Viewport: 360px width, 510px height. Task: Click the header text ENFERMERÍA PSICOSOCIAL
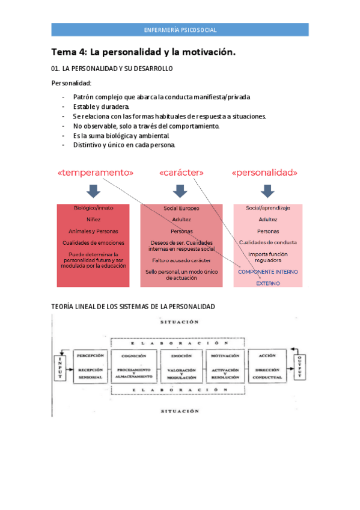(x=180, y=29)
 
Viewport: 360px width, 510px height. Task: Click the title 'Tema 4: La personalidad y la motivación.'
(x=143, y=52)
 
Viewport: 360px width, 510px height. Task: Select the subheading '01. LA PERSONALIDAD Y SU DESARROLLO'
(x=112, y=69)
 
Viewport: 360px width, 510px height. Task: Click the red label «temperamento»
(x=96, y=173)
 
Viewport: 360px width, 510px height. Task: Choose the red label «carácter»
(x=182, y=173)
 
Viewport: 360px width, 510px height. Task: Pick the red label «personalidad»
(x=264, y=173)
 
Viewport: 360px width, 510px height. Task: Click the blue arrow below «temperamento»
(x=93, y=191)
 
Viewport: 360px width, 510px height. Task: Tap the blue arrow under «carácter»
(x=180, y=191)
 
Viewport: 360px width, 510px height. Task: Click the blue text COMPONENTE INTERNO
(x=267, y=272)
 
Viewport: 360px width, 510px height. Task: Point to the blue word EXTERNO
(x=267, y=283)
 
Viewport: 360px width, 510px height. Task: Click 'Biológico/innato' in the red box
(x=93, y=208)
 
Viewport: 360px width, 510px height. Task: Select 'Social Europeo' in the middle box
(x=181, y=208)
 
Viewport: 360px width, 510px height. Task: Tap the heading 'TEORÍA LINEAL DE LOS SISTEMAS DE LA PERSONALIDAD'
(x=133, y=307)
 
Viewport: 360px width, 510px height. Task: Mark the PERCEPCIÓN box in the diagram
(x=91, y=365)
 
